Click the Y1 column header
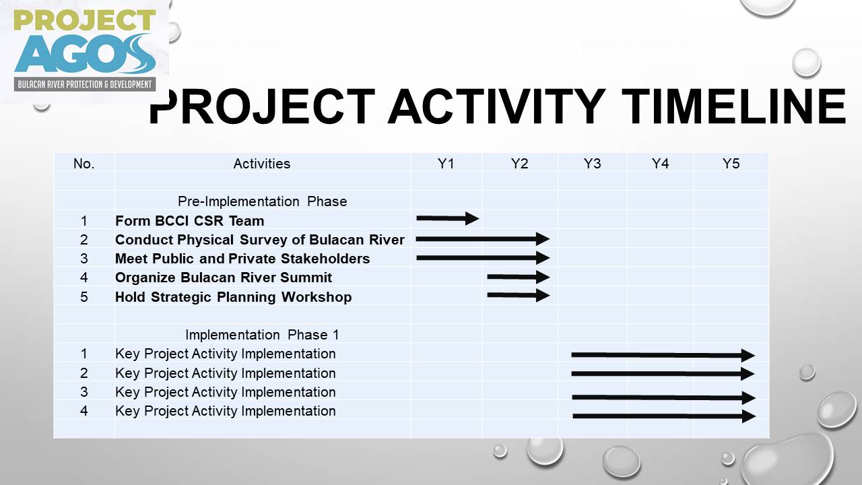(446, 164)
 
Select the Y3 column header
(592, 164)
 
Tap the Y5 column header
(731, 164)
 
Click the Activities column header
(262, 164)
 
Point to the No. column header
(84, 164)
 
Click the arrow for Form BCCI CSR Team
(448, 218)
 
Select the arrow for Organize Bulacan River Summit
(519, 277)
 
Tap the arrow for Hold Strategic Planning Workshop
(519, 295)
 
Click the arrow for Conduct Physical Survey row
(483, 238)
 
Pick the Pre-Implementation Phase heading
(262, 201)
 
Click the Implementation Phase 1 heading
(262, 335)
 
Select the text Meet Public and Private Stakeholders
(242, 258)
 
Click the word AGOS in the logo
(85, 54)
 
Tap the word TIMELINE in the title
(733, 106)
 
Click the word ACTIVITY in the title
(496, 106)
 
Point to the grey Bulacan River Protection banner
(85, 84)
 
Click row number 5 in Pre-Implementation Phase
(84, 297)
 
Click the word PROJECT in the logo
(85, 20)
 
